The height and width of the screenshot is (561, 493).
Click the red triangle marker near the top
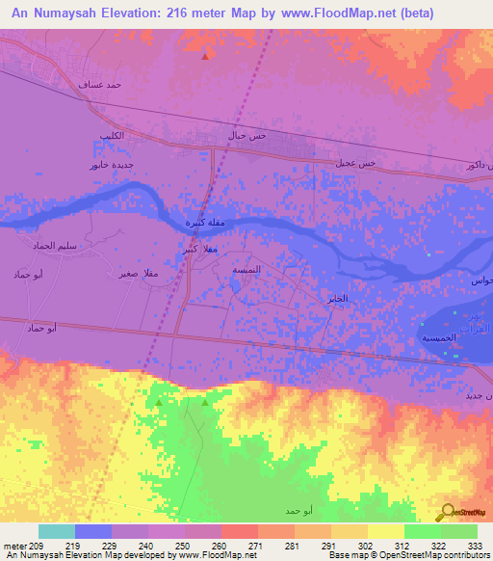[204, 56]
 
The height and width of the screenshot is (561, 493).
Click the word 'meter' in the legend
[13, 546]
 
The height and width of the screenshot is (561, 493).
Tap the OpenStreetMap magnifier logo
[446, 511]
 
